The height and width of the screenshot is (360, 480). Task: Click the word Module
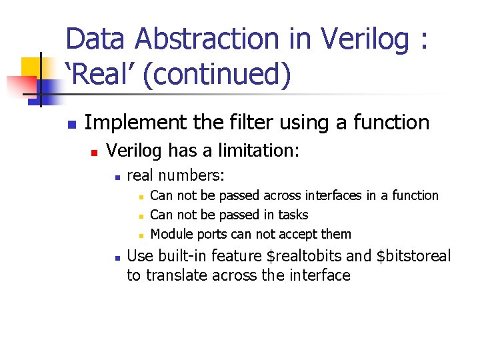[x=171, y=234]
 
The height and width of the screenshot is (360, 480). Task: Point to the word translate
[x=175, y=275]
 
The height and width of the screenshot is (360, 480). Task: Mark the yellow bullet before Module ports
[x=140, y=235]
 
